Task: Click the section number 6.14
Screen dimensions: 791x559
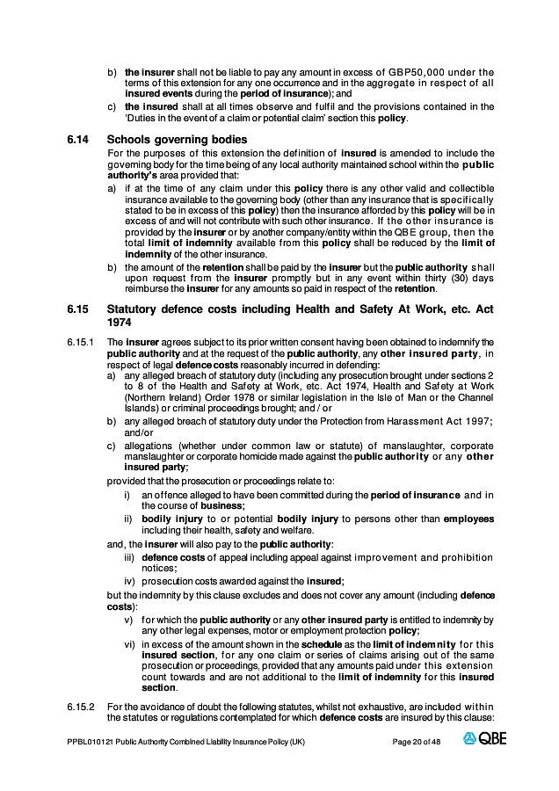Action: pyautogui.click(x=76, y=139)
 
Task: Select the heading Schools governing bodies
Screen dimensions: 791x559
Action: pyautogui.click(x=177, y=139)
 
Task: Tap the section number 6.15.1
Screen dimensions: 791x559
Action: pyautogui.click(x=79, y=341)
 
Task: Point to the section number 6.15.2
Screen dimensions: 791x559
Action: pyautogui.click(x=79, y=707)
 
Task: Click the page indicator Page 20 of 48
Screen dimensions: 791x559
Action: pyautogui.click(x=417, y=742)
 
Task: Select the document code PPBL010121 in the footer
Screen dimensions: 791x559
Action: pyautogui.click(x=90, y=742)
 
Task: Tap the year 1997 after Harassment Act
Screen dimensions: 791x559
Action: pyautogui.click(x=476, y=422)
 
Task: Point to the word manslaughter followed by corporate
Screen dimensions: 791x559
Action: pyautogui.click(x=398, y=446)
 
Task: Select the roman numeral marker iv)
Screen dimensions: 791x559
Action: pyautogui.click(x=129, y=581)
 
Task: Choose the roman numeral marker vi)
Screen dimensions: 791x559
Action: pyautogui.click(x=129, y=644)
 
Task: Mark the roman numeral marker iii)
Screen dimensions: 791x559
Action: pyautogui.click(x=129, y=557)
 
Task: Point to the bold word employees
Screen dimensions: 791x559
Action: pyautogui.click(x=468, y=519)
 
